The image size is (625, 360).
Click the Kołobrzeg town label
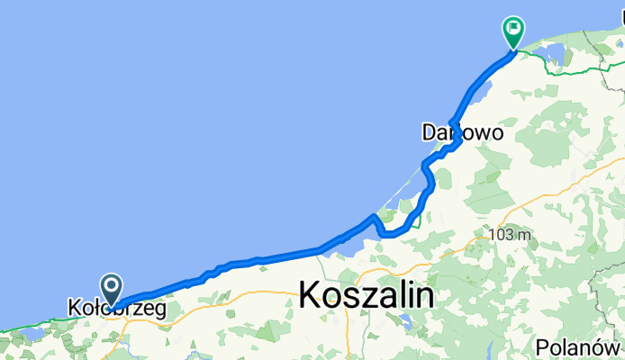[117, 308]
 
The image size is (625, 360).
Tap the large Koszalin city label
[366, 294]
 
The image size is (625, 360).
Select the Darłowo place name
[462, 132]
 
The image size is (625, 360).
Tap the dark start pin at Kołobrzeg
[113, 288]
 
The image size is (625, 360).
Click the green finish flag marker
[514, 31]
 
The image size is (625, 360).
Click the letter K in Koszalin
[311, 294]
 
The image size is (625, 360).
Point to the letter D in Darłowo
[430, 132]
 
